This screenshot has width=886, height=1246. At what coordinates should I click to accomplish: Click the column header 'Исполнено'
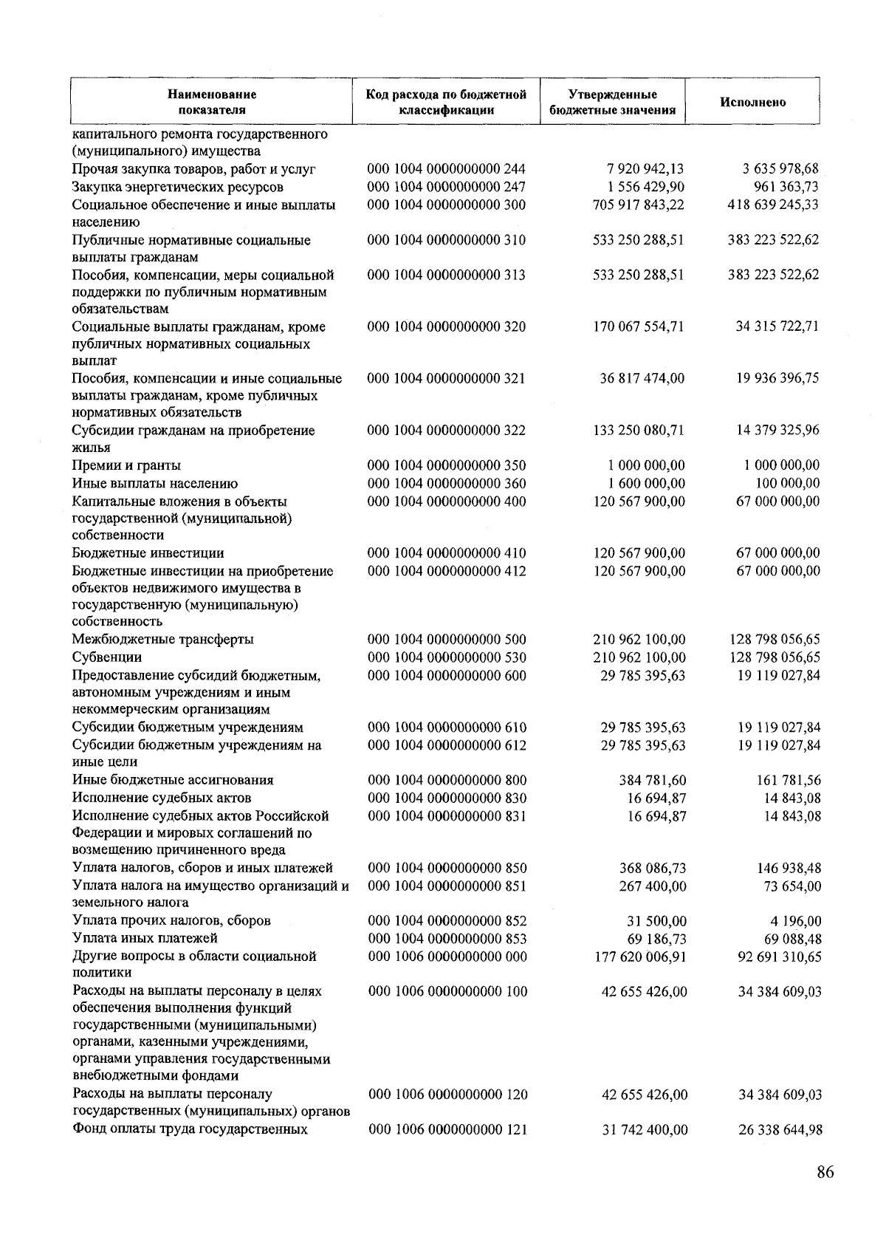(x=752, y=103)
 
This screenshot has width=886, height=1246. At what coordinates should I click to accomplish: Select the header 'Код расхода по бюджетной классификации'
(x=446, y=103)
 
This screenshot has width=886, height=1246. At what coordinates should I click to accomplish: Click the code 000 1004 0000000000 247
(x=447, y=187)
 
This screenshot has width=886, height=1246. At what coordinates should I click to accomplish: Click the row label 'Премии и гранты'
(x=126, y=465)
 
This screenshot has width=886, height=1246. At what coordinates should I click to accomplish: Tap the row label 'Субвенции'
(x=107, y=657)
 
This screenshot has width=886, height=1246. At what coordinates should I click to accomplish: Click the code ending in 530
(x=447, y=657)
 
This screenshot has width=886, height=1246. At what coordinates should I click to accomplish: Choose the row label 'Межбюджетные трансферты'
(x=162, y=640)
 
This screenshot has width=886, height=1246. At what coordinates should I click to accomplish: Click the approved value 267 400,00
(x=652, y=886)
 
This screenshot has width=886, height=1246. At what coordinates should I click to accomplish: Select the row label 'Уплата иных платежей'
(x=145, y=939)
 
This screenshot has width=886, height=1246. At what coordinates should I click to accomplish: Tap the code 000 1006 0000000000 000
(x=447, y=956)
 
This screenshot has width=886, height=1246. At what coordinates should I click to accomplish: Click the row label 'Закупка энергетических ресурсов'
(x=177, y=187)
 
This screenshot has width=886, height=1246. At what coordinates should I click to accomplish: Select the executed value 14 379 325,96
(x=777, y=431)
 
